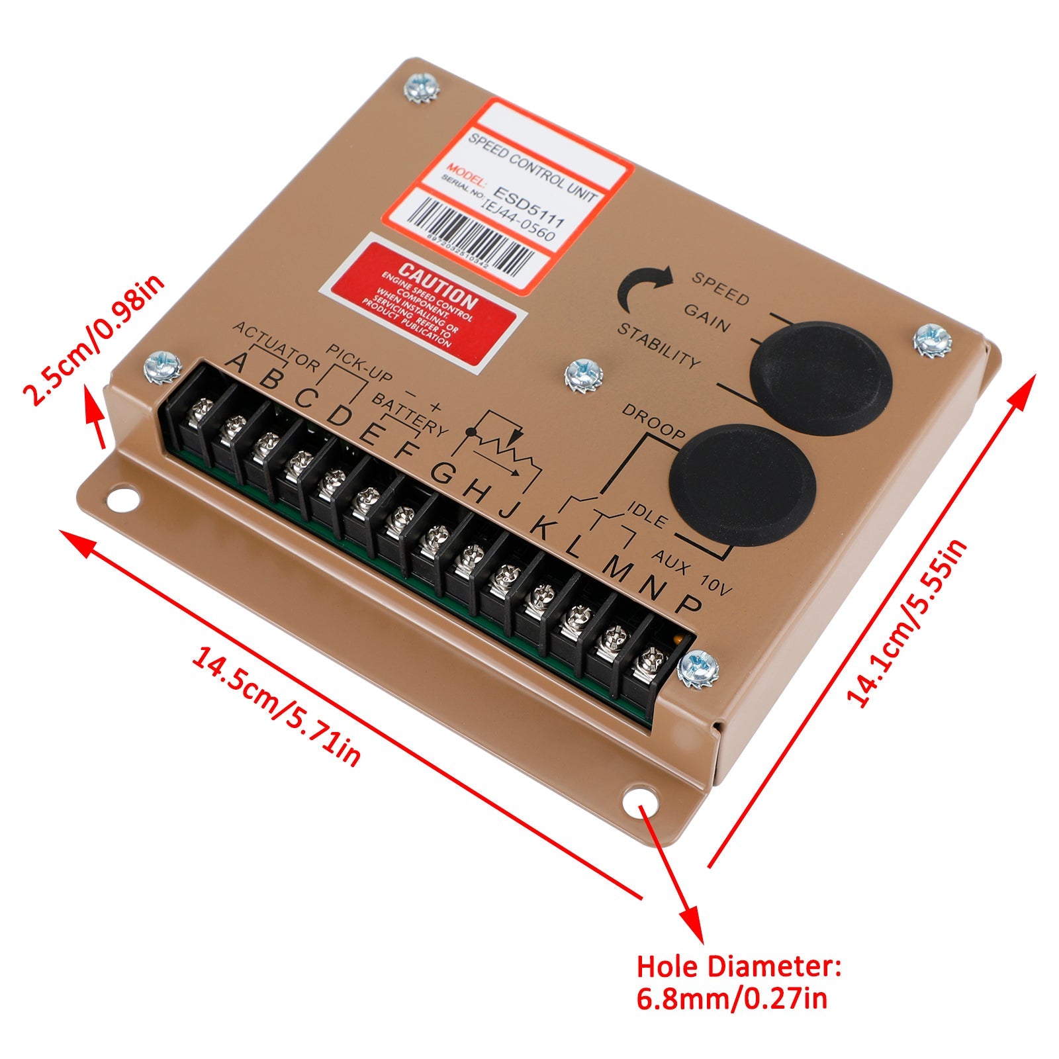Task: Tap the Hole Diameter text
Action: pyautogui.click(x=739, y=967)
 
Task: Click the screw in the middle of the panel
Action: pyautogui.click(x=584, y=376)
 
